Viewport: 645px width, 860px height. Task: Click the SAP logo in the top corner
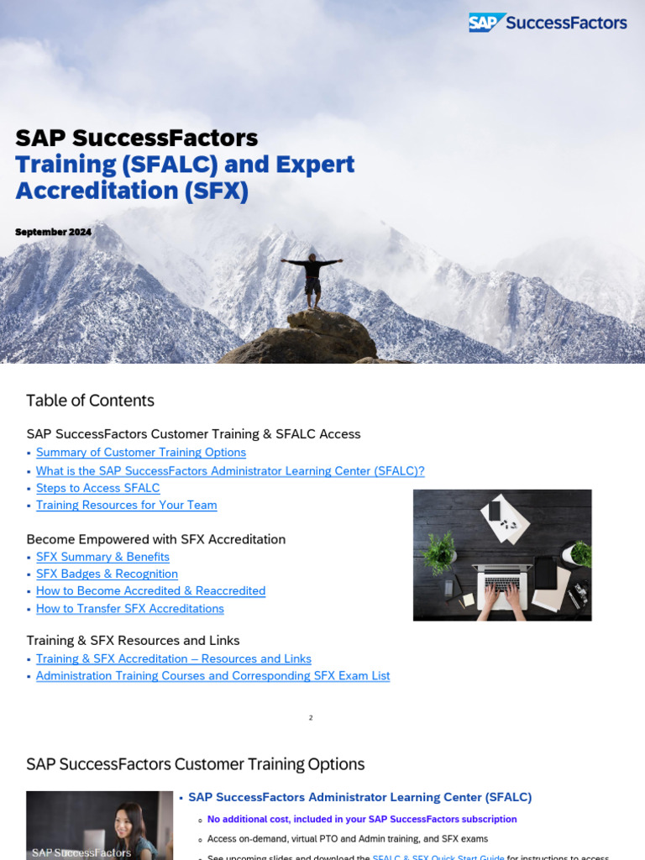[487, 23]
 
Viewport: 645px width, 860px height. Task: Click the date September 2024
[53, 232]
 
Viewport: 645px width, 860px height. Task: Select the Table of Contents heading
[90, 401]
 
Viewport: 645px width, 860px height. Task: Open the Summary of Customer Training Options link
[140, 453]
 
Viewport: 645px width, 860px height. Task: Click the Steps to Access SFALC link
[97, 488]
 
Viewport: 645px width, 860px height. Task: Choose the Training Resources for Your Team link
[126, 505]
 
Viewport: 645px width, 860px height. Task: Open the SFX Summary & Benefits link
[102, 557]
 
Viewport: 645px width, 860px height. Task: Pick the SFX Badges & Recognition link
[107, 574]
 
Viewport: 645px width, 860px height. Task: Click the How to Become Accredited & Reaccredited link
[150, 590]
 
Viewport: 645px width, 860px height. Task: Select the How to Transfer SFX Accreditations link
[129, 608]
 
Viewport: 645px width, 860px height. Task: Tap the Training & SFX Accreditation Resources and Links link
[173, 658]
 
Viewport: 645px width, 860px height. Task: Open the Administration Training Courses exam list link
[212, 675]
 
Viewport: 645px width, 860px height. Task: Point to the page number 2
[311, 718]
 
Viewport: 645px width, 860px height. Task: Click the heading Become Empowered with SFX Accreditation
[155, 539]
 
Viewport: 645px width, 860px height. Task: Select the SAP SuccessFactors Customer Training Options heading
[195, 764]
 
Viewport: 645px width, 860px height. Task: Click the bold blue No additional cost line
[362, 819]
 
